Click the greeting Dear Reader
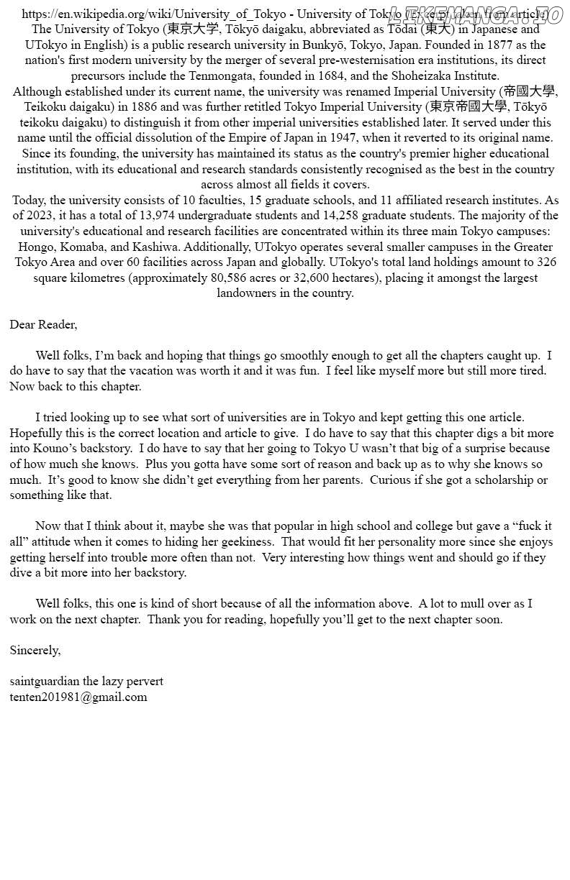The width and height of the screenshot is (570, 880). [x=43, y=324]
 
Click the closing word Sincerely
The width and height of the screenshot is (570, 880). [x=35, y=650]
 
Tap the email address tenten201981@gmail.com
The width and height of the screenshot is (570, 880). [x=78, y=697]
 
